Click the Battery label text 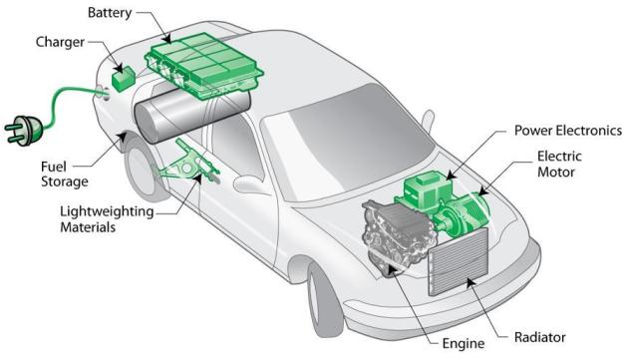pyautogui.click(x=110, y=13)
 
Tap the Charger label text pyautogui.click(x=60, y=42)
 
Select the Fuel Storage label pyautogui.click(x=65, y=174)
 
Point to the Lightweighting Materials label pyautogui.click(x=107, y=218)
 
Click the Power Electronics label pyautogui.click(x=568, y=131)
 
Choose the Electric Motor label pyautogui.click(x=559, y=164)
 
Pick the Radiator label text pyautogui.click(x=539, y=337)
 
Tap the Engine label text pyautogui.click(x=464, y=344)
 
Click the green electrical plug pyautogui.click(x=23, y=130)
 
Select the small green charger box pyautogui.click(x=124, y=78)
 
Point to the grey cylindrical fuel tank pyautogui.click(x=191, y=115)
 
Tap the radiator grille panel pyautogui.click(x=459, y=261)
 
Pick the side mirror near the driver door pyautogui.click(x=251, y=185)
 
